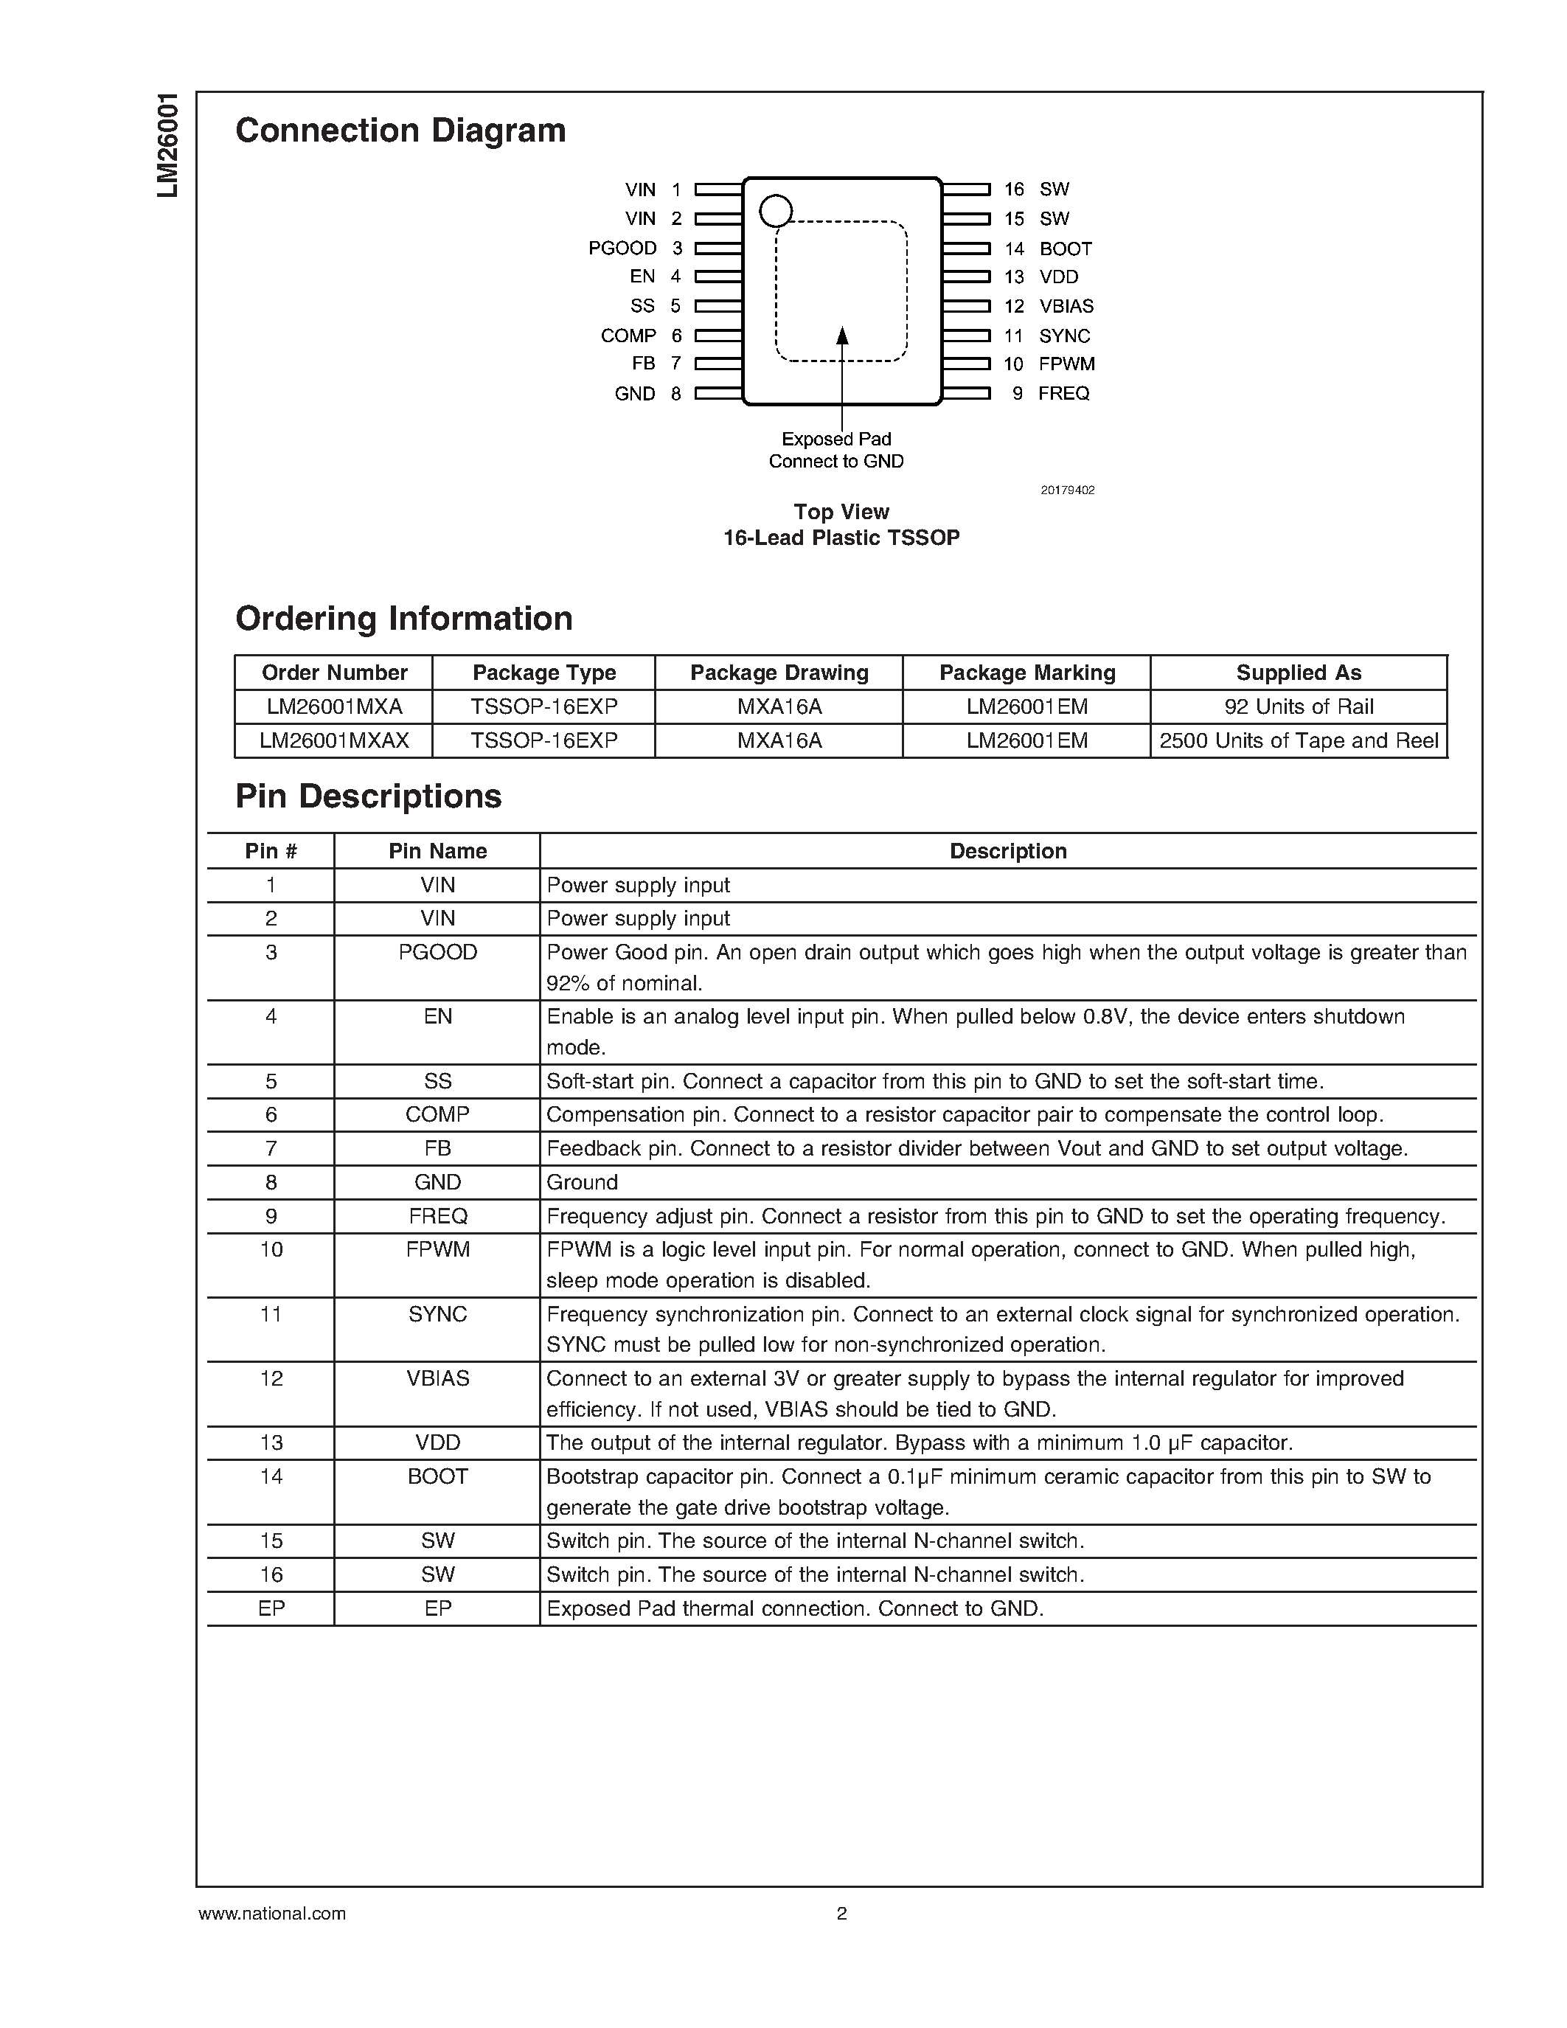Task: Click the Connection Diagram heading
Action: click(x=400, y=131)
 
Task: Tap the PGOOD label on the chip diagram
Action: click(x=622, y=248)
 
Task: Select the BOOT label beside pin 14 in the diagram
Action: click(x=1066, y=249)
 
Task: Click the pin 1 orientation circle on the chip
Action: click(x=775, y=211)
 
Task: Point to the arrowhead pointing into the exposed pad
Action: click(x=842, y=336)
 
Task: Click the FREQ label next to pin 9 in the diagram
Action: click(x=1064, y=394)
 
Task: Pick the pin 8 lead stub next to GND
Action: click(x=718, y=394)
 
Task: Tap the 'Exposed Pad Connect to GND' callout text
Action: click(x=836, y=451)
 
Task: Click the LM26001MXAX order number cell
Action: click(x=334, y=741)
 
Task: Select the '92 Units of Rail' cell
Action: click(x=1299, y=707)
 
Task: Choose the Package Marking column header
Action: click(x=1026, y=673)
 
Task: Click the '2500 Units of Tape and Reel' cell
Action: click(x=1299, y=741)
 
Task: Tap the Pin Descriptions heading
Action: click(x=369, y=796)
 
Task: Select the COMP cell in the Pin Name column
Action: click(x=437, y=1114)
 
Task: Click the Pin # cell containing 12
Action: click(x=271, y=1379)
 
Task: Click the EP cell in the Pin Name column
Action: click(x=437, y=1608)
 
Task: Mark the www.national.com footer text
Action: click(x=272, y=1914)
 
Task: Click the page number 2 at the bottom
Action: click(x=842, y=1914)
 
